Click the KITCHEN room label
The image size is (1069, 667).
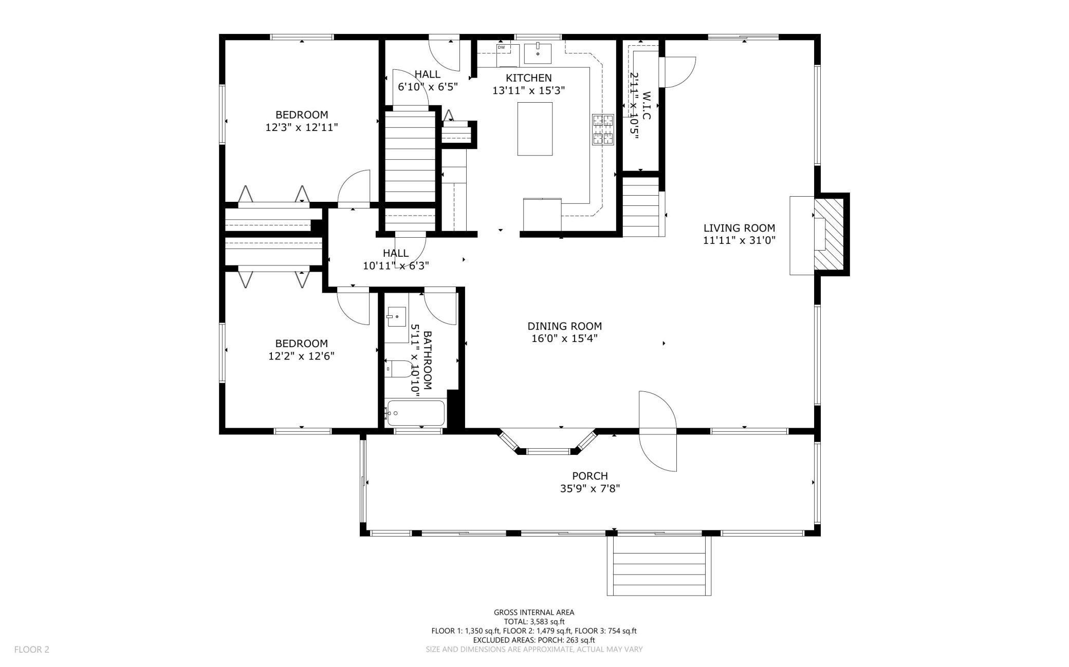tap(529, 78)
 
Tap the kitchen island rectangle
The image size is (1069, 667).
tap(535, 129)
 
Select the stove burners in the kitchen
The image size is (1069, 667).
tap(603, 129)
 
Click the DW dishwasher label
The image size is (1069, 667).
tap(501, 48)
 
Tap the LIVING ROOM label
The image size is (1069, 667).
tap(739, 228)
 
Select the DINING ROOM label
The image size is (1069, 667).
tap(565, 326)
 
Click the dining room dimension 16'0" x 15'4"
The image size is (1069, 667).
tap(565, 339)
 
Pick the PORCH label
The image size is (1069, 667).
tap(590, 476)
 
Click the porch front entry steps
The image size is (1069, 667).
tap(659, 565)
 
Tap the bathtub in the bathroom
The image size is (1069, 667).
tap(416, 413)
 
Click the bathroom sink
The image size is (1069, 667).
tap(397, 317)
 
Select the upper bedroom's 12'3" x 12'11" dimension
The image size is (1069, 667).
tap(302, 127)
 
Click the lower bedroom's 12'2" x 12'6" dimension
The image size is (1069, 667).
tap(302, 356)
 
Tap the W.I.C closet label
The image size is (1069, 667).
tap(647, 106)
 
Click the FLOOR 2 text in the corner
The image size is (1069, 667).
tap(32, 650)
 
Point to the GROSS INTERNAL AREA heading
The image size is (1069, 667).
tap(534, 612)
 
